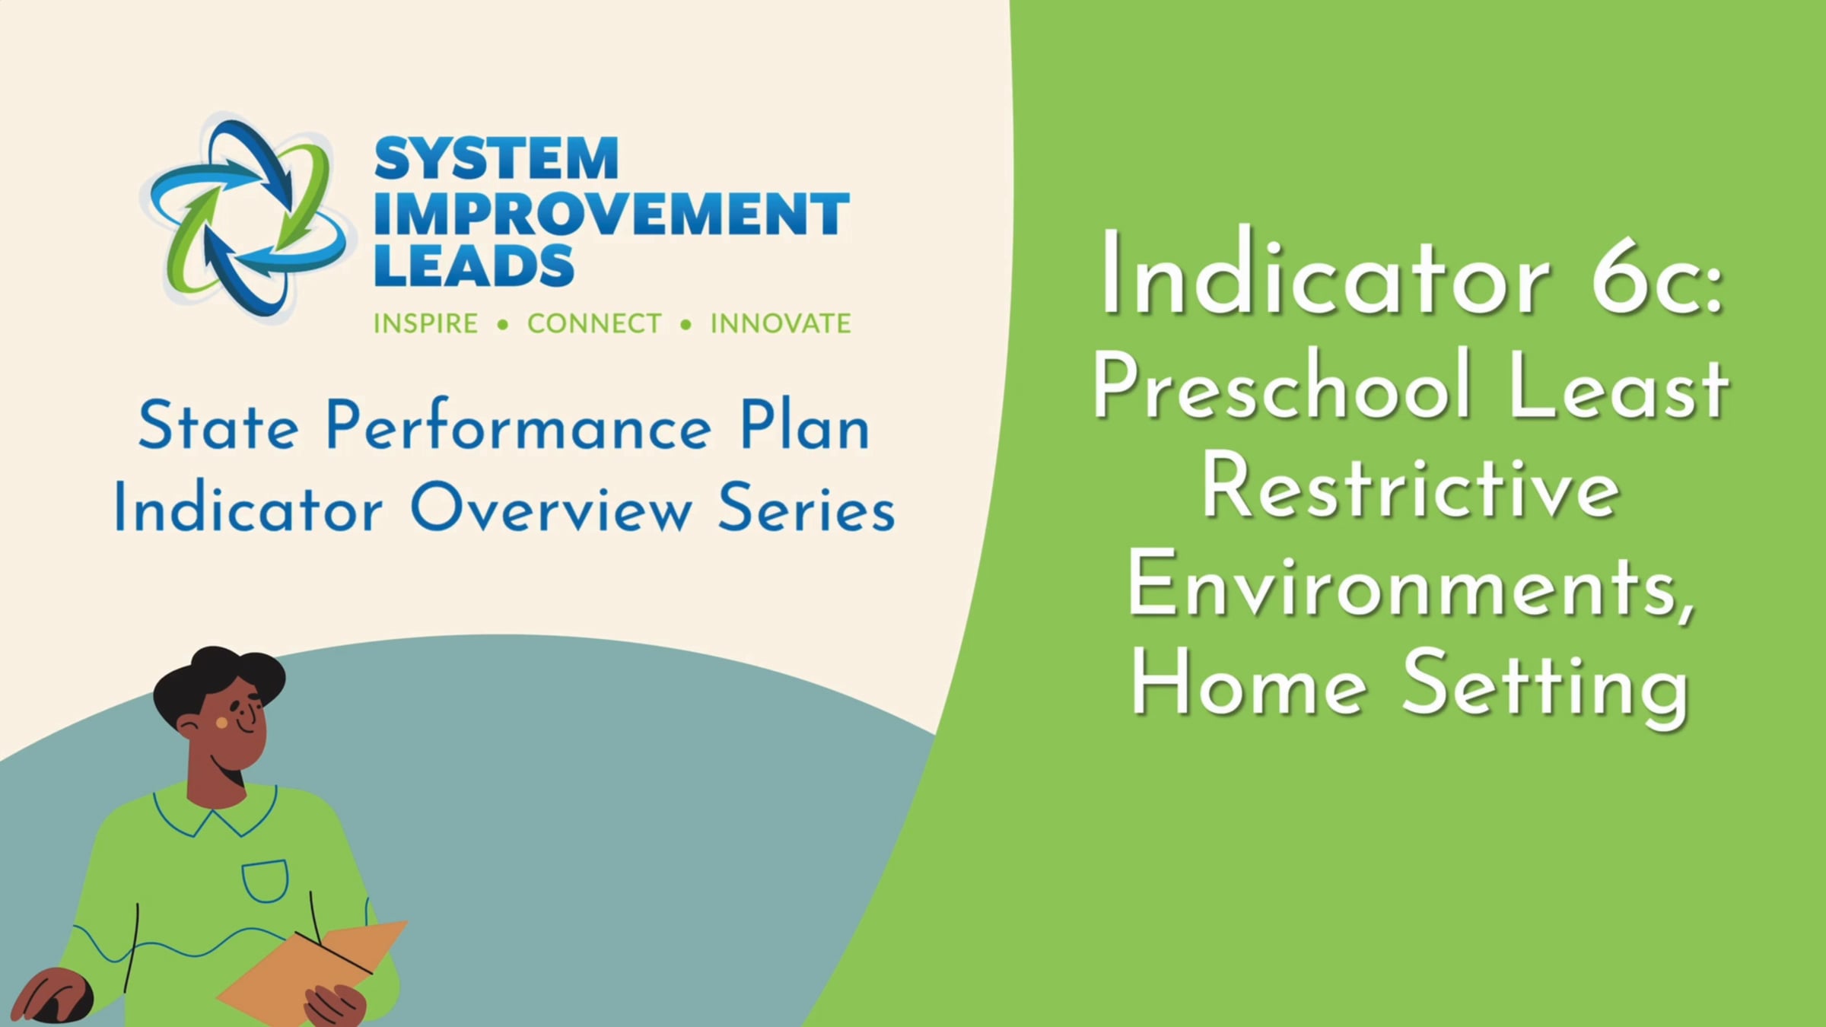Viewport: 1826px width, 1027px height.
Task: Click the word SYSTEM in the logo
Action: pyautogui.click(x=496, y=159)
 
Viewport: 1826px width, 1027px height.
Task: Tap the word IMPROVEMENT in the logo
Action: pyautogui.click(x=612, y=213)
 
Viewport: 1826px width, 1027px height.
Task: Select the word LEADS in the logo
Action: pyautogui.click(x=474, y=265)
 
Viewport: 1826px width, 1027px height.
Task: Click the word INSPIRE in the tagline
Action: pyautogui.click(x=425, y=323)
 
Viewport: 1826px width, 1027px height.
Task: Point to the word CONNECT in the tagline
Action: pyautogui.click(x=594, y=323)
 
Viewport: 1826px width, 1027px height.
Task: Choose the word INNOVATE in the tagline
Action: pyautogui.click(x=781, y=323)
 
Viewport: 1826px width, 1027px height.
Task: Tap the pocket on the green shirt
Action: pyautogui.click(x=265, y=881)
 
